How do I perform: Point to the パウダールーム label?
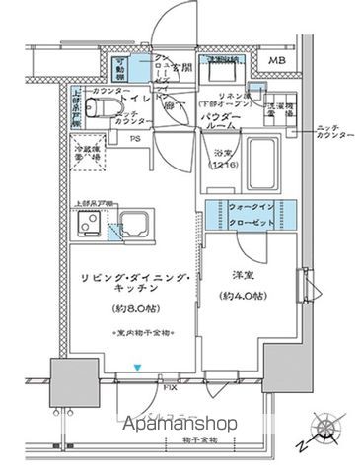click(x=224, y=121)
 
